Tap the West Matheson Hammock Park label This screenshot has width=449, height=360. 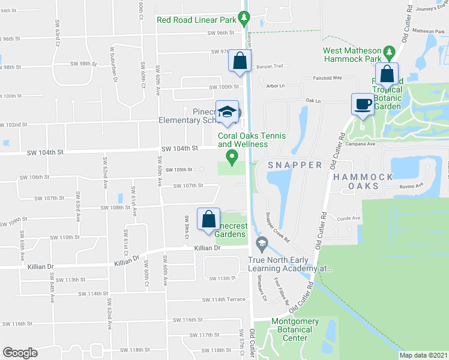pos(354,55)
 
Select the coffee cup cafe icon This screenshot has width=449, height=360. pos(363,104)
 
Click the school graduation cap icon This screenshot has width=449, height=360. pos(227,112)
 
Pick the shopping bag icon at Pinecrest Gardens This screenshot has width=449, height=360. pos(208,219)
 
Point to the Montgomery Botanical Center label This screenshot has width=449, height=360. pos(295,329)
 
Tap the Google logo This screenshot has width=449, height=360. pos(20,352)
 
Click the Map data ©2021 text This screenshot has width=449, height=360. pos(423,355)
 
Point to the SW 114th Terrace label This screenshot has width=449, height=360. pos(223,299)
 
